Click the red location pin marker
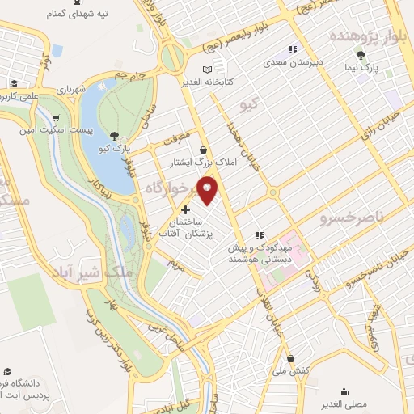pos(208,189)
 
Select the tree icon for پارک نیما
pos(361,55)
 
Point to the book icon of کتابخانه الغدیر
pos(209,70)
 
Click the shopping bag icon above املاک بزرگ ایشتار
pos(202,150)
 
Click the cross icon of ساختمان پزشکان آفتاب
pos(184,209)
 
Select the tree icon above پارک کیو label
pos(116,136)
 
